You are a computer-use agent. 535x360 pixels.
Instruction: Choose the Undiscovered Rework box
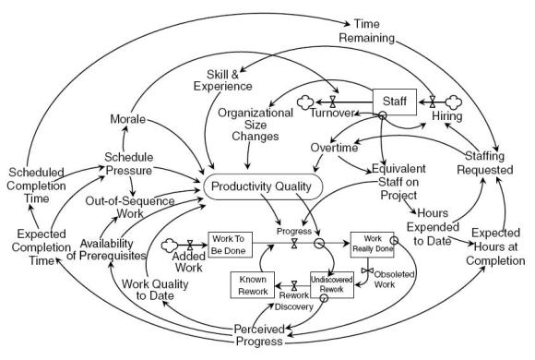coord(331,284)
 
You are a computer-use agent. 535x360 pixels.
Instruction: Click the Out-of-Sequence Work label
coord(128,206)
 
